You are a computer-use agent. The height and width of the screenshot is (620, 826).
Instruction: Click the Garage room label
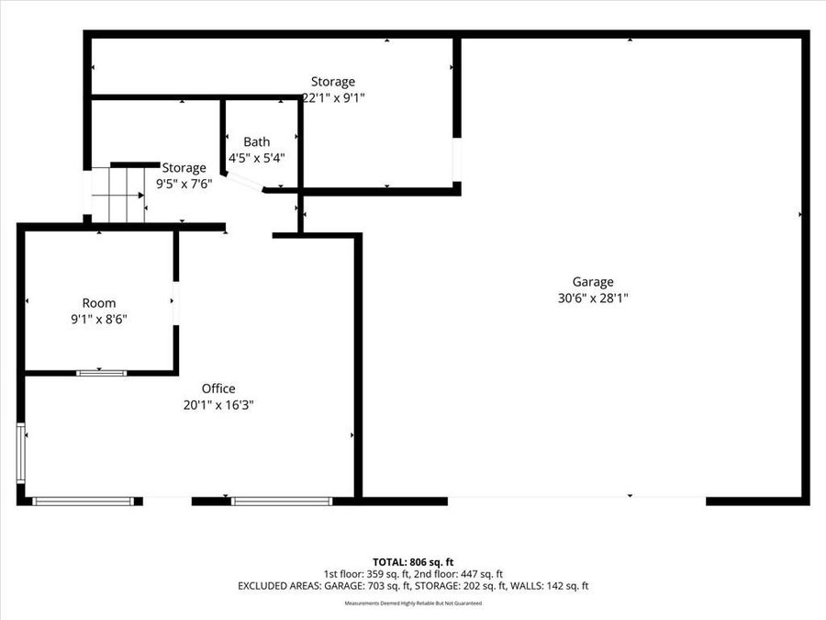coord(593,282)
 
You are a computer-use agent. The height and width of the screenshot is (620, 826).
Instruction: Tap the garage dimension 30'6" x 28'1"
coord(593,298)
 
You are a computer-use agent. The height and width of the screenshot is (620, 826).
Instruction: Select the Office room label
coord(218,389)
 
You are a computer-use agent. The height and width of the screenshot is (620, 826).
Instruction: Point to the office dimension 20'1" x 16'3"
coord(218,404)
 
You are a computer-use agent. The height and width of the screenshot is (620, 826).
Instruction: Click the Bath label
coord(257,141)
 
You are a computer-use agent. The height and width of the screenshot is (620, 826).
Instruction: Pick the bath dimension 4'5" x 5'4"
coord(257,157)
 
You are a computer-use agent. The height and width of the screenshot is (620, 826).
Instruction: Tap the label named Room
coord(99,303)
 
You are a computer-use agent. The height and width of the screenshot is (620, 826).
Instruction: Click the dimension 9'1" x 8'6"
coord(99,319)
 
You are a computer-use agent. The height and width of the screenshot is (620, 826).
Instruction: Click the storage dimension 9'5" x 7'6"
coord(184,183)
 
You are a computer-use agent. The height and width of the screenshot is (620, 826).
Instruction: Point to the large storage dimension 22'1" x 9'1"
coord(334,97)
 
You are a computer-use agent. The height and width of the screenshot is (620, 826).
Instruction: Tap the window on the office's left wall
coord(21,453)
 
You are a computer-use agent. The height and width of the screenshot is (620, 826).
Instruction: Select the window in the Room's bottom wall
coord(101,373)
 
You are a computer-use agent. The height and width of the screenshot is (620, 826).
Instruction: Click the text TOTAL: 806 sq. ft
coord(413,562)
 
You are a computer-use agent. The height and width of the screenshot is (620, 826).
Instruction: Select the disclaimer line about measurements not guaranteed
coord(413,603)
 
